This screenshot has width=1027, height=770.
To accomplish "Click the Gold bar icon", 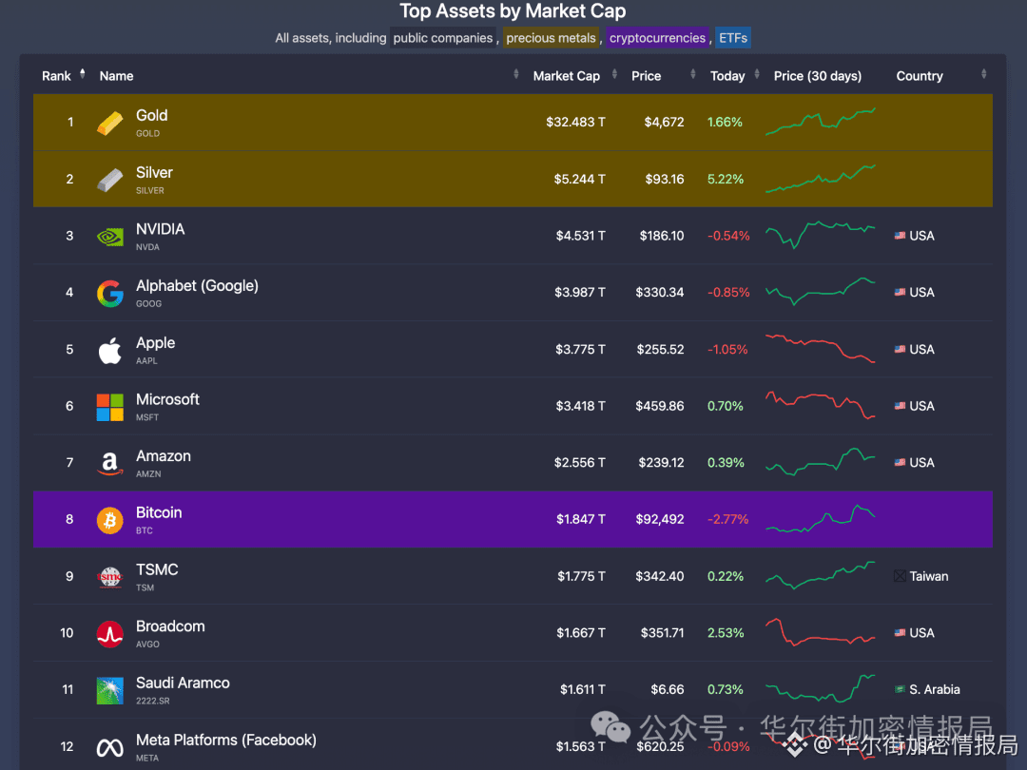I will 110,123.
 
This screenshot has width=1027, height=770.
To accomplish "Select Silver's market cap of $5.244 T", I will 579,179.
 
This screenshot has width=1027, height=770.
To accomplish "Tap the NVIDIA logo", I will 110,236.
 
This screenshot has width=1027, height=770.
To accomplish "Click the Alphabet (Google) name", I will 197,286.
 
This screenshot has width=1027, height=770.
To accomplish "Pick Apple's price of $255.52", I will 659,349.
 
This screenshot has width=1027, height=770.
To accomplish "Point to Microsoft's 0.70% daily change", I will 726,406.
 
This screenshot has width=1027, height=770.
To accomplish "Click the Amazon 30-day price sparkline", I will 821,462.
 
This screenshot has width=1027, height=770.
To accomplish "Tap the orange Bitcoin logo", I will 110,519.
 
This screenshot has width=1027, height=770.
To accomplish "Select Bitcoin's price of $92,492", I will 659,519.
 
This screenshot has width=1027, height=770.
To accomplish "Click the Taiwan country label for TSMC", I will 928,576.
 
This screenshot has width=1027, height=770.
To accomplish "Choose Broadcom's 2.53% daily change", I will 726,633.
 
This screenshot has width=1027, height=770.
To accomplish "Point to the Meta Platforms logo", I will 110,747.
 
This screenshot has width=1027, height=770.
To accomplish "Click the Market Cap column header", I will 566,76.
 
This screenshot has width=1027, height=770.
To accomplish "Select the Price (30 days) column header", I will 817,76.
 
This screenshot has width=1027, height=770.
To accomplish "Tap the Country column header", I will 919,76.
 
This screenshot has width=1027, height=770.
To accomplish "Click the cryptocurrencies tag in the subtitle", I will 657,38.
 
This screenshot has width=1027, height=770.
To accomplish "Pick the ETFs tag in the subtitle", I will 733,38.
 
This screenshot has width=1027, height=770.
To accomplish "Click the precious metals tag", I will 551,38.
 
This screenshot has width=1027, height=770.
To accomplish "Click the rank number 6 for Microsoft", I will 69,406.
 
